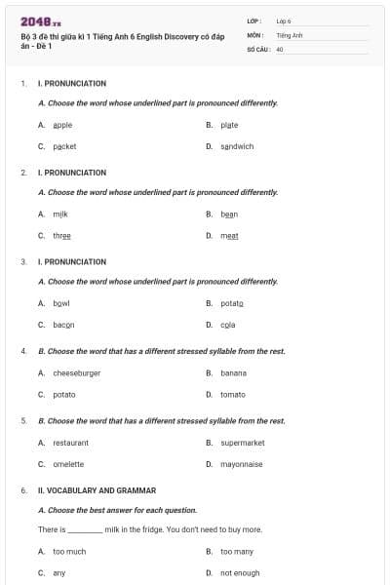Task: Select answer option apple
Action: (x=62, y=125)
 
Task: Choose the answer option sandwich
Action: (x=237, y=146)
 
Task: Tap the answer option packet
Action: (x=64, y=146)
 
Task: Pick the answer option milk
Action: (x=60, y=214)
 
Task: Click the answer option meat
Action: (x=229, y=235)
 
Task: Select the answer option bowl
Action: (x=61, y=302)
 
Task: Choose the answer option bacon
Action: (x=63, y=325)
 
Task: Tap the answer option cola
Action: (x=227, y=325)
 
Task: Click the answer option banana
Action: (x=233, y=372)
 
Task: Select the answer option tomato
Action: (x=233, y=394)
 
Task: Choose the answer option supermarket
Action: (x=243, y=443)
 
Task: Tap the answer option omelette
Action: (x=68, y=464)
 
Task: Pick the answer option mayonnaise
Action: (x=241, y=464)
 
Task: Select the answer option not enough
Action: (x=240, y=572)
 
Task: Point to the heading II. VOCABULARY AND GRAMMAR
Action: (x=97, y=490)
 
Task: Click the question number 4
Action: (x=23, y=350)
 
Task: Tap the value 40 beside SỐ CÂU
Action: (x=280, y=48)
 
